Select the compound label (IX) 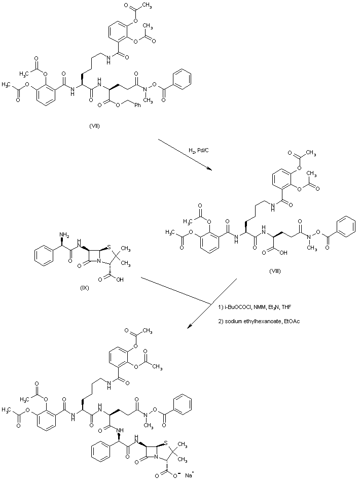pos(85,288)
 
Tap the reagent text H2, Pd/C pos(198,151)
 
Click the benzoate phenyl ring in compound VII pos(182,80)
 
